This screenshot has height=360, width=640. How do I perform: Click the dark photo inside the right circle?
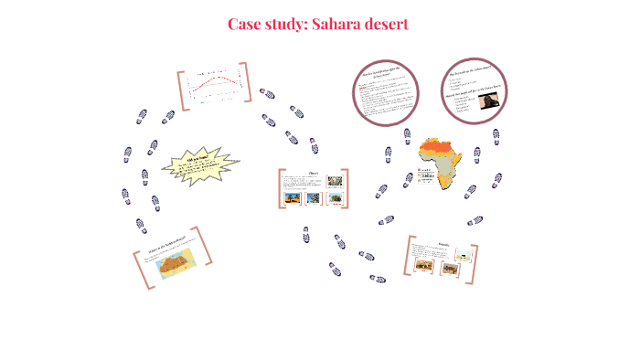485,102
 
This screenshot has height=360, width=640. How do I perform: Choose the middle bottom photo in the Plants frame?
313,196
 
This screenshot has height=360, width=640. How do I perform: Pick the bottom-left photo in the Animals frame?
424,265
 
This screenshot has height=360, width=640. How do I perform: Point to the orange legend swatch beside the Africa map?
418,171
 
